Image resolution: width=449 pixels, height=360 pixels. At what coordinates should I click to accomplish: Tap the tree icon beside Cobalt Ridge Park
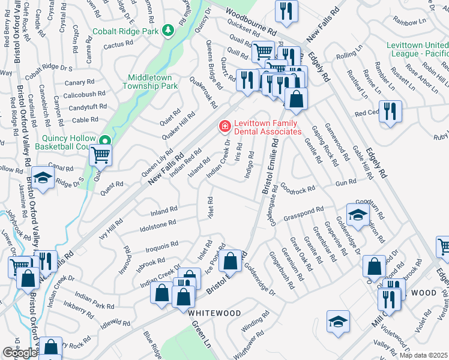coord(169,30)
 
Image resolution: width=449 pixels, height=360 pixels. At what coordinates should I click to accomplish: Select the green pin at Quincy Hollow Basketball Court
coord(106,141)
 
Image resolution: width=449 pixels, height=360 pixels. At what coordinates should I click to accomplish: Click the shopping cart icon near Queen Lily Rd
coord(100,155)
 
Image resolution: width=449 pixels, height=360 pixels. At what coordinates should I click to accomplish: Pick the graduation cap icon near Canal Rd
coord(43,178)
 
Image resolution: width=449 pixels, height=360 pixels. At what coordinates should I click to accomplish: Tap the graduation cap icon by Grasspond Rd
coord(357,215)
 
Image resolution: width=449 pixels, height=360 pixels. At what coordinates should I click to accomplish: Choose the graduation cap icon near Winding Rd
coord(338,322)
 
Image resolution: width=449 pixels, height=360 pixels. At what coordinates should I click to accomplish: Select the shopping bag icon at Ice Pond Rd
coord(231,261)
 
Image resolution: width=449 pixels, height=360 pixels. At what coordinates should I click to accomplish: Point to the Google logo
coord(20,353)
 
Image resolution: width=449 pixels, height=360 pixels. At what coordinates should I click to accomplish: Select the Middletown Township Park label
coord(152,82)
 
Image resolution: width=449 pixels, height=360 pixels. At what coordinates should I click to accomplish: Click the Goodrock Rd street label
coord(297,189)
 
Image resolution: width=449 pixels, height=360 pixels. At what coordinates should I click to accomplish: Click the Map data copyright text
coord(423,355)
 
